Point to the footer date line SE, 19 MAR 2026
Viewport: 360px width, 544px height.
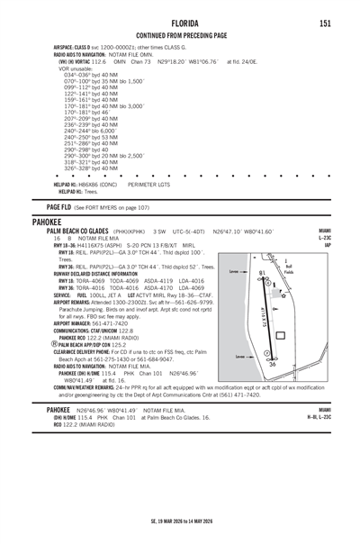click(180, 521)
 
